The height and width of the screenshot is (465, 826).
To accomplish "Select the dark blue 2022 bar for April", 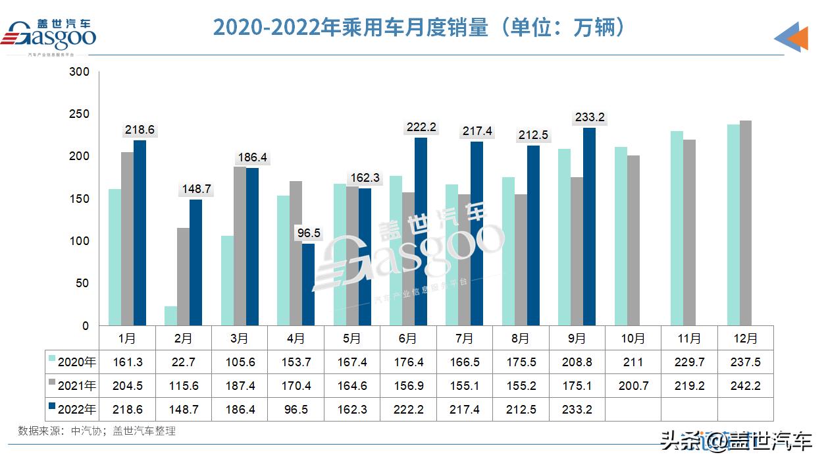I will pyautogui.click(x=308, y=285).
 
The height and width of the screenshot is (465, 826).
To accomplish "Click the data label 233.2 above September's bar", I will pyautogui.click(x=589, y=117).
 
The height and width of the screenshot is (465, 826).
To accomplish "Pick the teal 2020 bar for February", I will pyautogui.click(x=170, y=315).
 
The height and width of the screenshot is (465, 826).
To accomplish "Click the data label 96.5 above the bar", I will pyautogui.click(x=307, y=233).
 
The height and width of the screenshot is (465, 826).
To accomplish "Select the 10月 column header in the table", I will pyautogui.click(x=633, y=339).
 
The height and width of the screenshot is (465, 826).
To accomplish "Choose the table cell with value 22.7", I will pyautogui.click(x=184, y=362).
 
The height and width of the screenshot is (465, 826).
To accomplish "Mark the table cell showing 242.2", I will pyautogui.click(x=745, y=385).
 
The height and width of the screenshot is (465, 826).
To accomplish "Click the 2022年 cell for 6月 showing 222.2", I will pyautogui.click(x=408, y=409).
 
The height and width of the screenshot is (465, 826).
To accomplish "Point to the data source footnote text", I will pyautogui.click(x=97, y=431).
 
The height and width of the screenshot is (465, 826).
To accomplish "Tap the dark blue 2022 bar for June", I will pyautogui.click(x=421, y=231).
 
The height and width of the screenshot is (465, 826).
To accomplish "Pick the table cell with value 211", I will pyautogui.click(x=633, y=362).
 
